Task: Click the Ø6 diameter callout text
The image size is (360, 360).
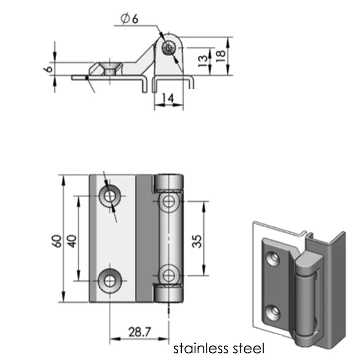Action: click(130, 18)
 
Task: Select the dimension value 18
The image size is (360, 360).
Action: click(221, 56)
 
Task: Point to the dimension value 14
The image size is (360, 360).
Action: click(168, 98)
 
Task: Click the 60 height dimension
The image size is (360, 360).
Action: click(57, 241)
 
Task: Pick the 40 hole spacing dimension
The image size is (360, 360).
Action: click(72, 241)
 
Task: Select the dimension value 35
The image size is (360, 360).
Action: click(197, 241)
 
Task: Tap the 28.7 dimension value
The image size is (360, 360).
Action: click(140, 332)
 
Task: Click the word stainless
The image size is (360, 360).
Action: click(199, 348)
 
